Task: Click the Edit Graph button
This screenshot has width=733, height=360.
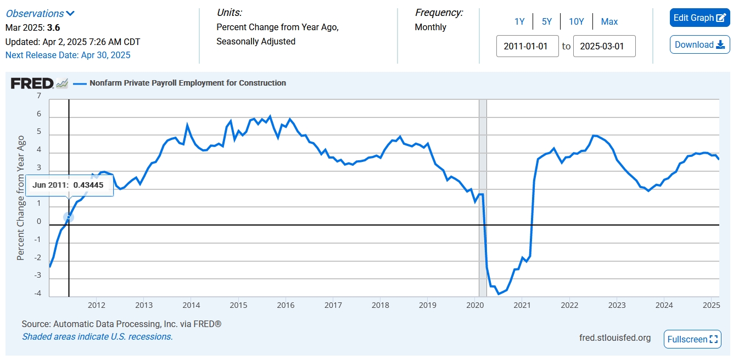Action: click(700, 18)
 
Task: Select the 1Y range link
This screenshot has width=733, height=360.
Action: click(519, 22)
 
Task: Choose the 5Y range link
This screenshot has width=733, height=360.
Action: click(547, 22)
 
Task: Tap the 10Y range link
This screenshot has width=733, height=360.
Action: click(577, 22)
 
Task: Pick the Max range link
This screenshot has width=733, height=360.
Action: click(609, 22)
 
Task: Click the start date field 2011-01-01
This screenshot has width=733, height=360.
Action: click(527, 46)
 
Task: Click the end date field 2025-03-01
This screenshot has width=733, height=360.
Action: click(604, 46)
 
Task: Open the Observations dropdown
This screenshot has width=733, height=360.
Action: click(40, 14)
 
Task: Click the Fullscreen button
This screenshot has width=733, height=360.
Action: click(692, 339)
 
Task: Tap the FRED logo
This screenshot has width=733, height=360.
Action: click(32, 83)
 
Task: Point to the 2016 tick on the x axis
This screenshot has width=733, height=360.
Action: click(286, 305)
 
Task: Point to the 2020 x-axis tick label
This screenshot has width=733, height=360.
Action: click(475, 305)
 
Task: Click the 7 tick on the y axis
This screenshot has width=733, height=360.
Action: click(38, 96)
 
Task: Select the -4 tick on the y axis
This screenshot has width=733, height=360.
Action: click(37, 294)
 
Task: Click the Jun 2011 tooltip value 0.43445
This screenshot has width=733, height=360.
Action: click(88, 185)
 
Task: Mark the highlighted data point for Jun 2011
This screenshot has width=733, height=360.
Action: click(68, 217)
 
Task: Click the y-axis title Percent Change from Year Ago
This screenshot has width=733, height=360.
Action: click(21, 198)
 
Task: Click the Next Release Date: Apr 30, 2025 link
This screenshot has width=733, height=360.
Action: click(68, 55)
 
